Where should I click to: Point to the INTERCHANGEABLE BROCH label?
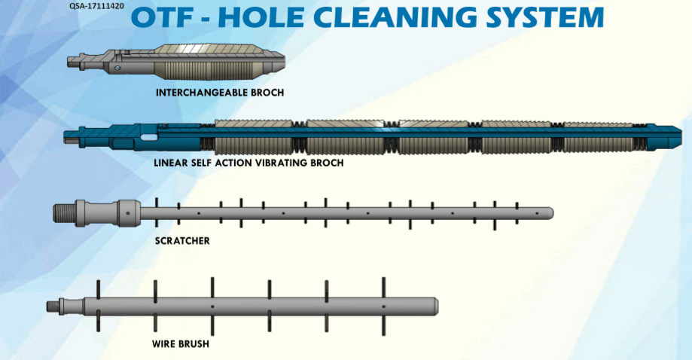(x=214, y=93)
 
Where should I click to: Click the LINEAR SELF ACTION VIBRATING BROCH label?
(x=248, y=162)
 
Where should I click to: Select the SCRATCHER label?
(x=181, y=241)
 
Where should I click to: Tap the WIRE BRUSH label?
(x=180, y=344)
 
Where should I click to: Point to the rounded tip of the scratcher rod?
(x=549, y=213)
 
